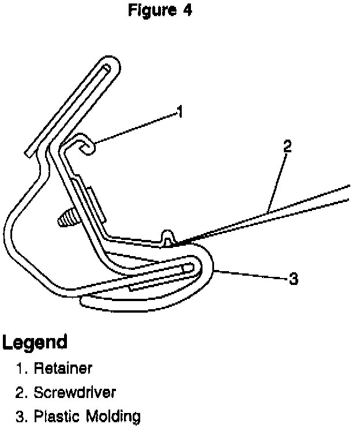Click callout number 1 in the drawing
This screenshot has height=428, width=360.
point(180,111)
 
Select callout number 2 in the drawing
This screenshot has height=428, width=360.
point(287,145)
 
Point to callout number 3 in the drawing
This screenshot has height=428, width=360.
point(293,280)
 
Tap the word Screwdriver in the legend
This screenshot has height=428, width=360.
point(74,392)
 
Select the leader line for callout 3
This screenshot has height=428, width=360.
point(251,275)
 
